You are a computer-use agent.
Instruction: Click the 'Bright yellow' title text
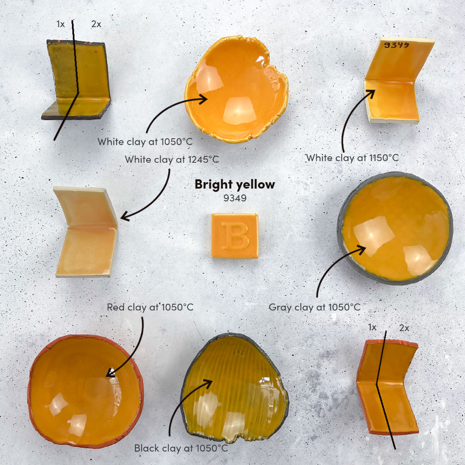(235, 184)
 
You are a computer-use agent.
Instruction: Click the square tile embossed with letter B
(235, 236)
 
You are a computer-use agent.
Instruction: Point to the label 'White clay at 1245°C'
(172, 159)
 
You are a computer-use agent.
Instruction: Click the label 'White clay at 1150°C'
(352, 158)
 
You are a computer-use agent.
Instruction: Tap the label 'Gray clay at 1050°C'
(314, 307)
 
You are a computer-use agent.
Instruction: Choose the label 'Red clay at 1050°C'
(150, 307)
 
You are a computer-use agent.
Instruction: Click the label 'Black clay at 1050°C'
(181, 448)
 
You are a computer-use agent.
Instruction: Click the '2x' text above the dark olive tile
(96, 24)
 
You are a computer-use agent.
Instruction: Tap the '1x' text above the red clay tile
(372, 328)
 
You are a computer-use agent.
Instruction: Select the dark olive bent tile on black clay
(77, 80)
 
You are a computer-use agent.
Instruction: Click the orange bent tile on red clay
(387, 385)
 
